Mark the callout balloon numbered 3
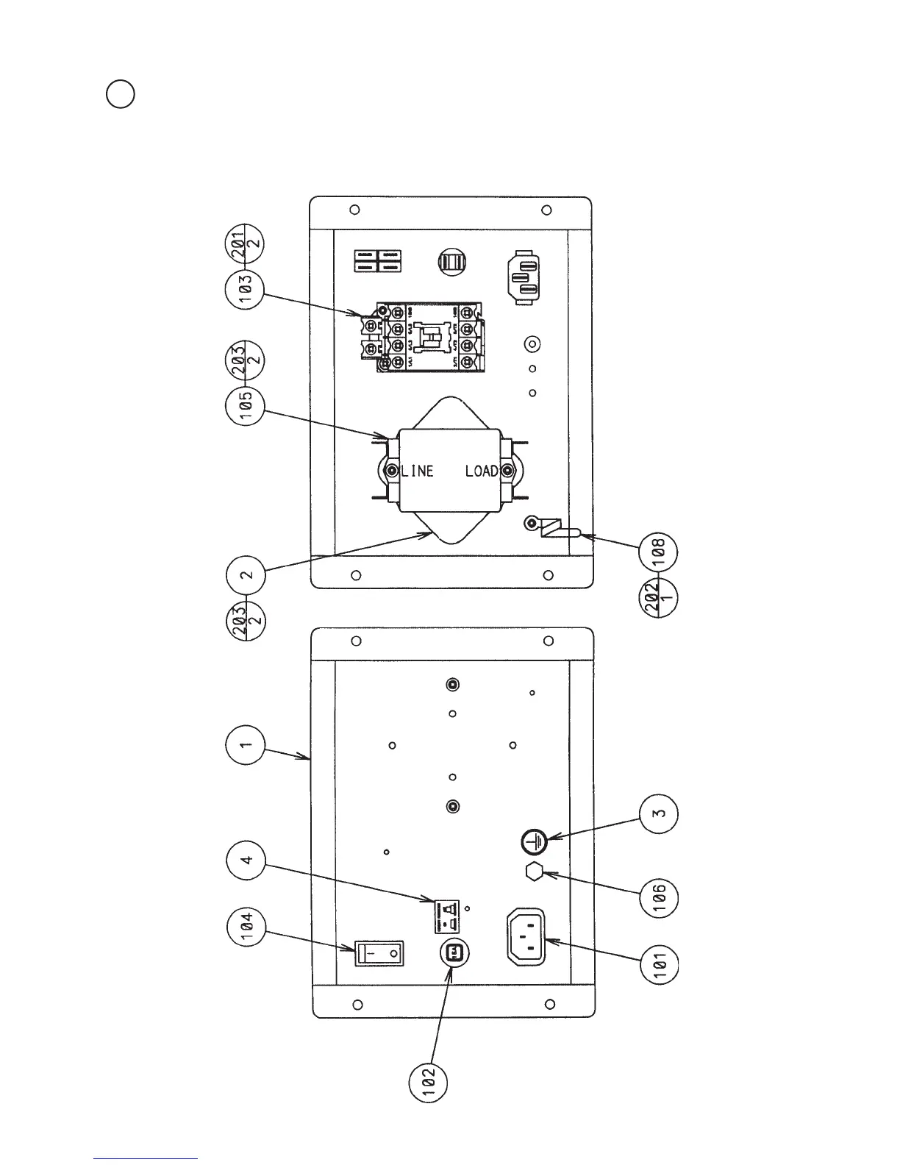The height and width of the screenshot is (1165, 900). [x=659, y=813]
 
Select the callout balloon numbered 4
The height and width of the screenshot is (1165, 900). [x=246, y=859]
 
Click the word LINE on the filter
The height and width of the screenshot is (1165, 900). [x=418, y=471]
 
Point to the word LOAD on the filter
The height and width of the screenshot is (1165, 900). [x=482, y=471]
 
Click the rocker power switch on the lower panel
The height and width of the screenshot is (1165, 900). [x=380, y=954]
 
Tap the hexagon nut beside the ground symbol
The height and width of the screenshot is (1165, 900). [x=535, y=872]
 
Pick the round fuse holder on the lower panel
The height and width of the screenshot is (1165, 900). [x=454, y=952]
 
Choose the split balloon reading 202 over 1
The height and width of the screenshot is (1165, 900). [x=659, y=597]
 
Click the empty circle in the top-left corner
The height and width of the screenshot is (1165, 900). [x=120, y=94]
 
